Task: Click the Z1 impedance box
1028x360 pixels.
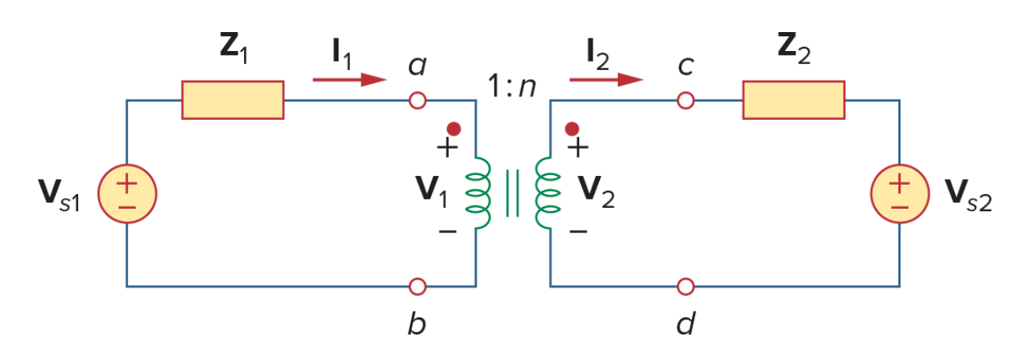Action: (x=233, y=100)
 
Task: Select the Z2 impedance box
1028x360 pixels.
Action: (x=794, y=100)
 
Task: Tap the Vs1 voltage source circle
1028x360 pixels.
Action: (x=127, y=194)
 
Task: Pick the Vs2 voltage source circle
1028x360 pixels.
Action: (x=900, y=194)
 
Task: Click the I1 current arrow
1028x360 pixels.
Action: (x=350, y=80)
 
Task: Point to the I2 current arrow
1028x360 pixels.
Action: (x=606, y=80)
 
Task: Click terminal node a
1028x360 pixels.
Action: (x=417, y=100)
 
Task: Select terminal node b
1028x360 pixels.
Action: (x=417, y=287)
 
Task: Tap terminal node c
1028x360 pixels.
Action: (x=685, y=100)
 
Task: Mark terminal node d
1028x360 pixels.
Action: (x=685, y=287)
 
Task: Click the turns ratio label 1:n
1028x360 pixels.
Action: (x=512, y=85)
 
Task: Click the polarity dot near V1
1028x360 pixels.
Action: (x=454, y=129)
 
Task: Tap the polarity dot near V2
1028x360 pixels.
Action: (x=572, y=129)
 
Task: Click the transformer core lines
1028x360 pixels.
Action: (x=513, y=193)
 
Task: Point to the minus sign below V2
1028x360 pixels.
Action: (x=579, y=231)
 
